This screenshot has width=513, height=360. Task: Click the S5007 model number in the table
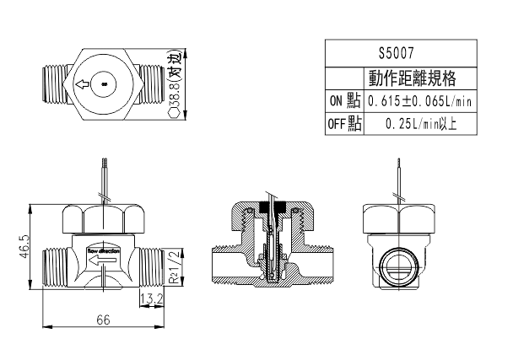tap(401, 51)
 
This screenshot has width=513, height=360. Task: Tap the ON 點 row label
tap(344, 102)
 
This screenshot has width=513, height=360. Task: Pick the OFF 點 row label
tap(344, 124)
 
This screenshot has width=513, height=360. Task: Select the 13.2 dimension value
tap(153, 298)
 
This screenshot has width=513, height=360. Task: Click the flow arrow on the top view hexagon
tap(82, 84)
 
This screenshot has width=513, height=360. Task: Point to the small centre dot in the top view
tap(104, 84)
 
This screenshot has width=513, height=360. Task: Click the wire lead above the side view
tap(398, 181)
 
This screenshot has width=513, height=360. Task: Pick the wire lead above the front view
tap(104, 179)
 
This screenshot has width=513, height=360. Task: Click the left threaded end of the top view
tap(52, 84)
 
